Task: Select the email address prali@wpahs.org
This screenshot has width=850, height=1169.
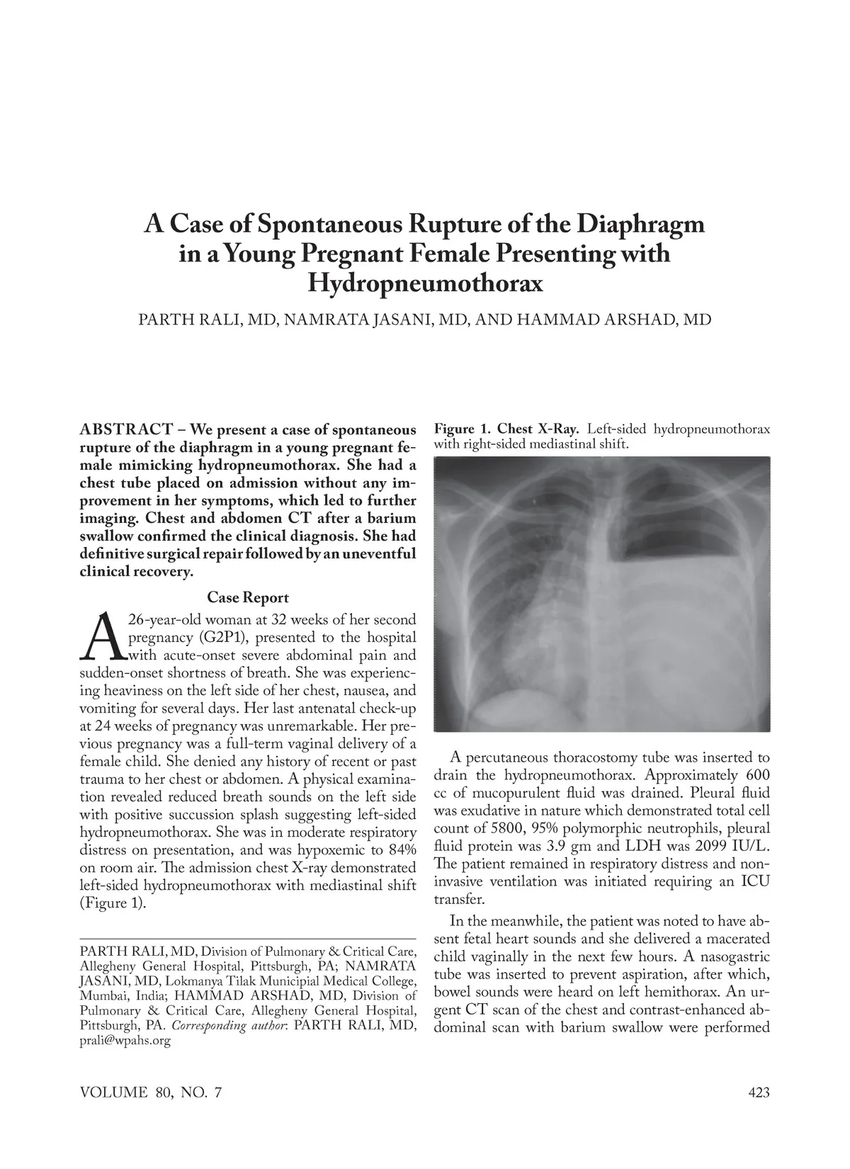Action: click(126, 1041)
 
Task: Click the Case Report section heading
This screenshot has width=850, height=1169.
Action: click(248, 598)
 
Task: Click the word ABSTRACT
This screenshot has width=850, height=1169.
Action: click(127, 430)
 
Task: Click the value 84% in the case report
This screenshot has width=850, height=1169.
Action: click(400, 849)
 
